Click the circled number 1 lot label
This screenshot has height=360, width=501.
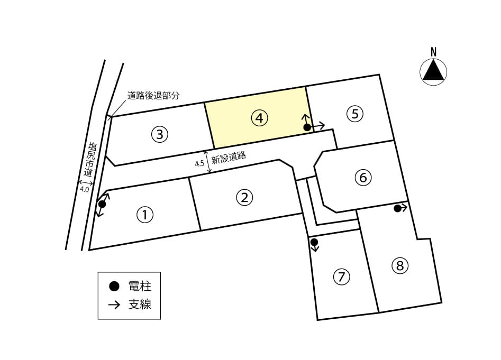145,215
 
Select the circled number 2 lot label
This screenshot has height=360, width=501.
244,197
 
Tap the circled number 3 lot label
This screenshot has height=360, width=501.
159,134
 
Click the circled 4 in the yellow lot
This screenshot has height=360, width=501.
259,118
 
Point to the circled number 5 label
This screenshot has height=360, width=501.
355,113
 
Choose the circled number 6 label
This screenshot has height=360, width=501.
363,177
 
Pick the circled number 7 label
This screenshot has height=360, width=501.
341,276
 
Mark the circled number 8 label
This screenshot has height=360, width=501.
400,265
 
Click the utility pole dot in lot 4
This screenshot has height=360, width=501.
307,127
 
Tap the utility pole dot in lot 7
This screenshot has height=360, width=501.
314,242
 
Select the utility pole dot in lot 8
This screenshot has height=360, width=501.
397,208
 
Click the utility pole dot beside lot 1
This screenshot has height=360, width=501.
102,204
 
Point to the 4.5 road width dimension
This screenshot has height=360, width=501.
199,164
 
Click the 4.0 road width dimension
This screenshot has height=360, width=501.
84,189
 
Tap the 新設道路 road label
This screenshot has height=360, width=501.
229,157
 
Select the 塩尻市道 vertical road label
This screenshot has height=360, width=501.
90,160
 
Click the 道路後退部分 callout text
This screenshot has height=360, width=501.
153,95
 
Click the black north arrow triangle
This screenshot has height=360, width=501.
433,71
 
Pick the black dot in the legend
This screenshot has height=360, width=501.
114,287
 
